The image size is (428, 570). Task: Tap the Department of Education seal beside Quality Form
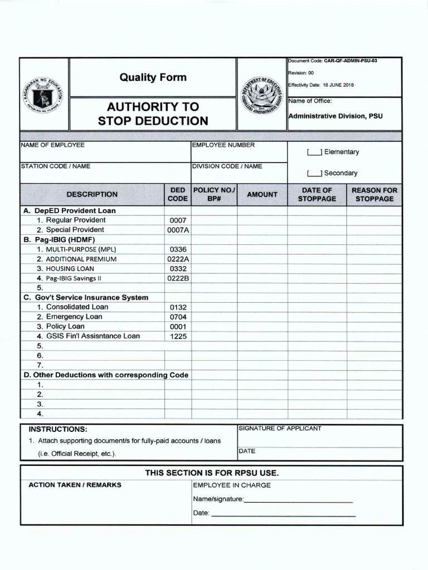(262, 94)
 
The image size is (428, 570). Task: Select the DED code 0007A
(178, 230)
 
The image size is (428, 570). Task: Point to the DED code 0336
(178, 249)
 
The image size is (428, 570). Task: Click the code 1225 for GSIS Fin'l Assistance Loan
(178, 336)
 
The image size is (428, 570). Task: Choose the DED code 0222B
(178, 278)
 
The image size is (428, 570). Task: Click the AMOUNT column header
(262, 194)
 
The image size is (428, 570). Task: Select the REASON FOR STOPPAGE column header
(374, 194)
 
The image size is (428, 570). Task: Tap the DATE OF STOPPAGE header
(317, 194)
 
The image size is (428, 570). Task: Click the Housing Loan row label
(70, 268)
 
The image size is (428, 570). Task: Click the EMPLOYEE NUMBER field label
(223, 145)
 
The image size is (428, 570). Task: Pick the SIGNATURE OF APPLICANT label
(280, 428)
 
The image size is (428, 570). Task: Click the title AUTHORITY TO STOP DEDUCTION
(153, 114)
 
